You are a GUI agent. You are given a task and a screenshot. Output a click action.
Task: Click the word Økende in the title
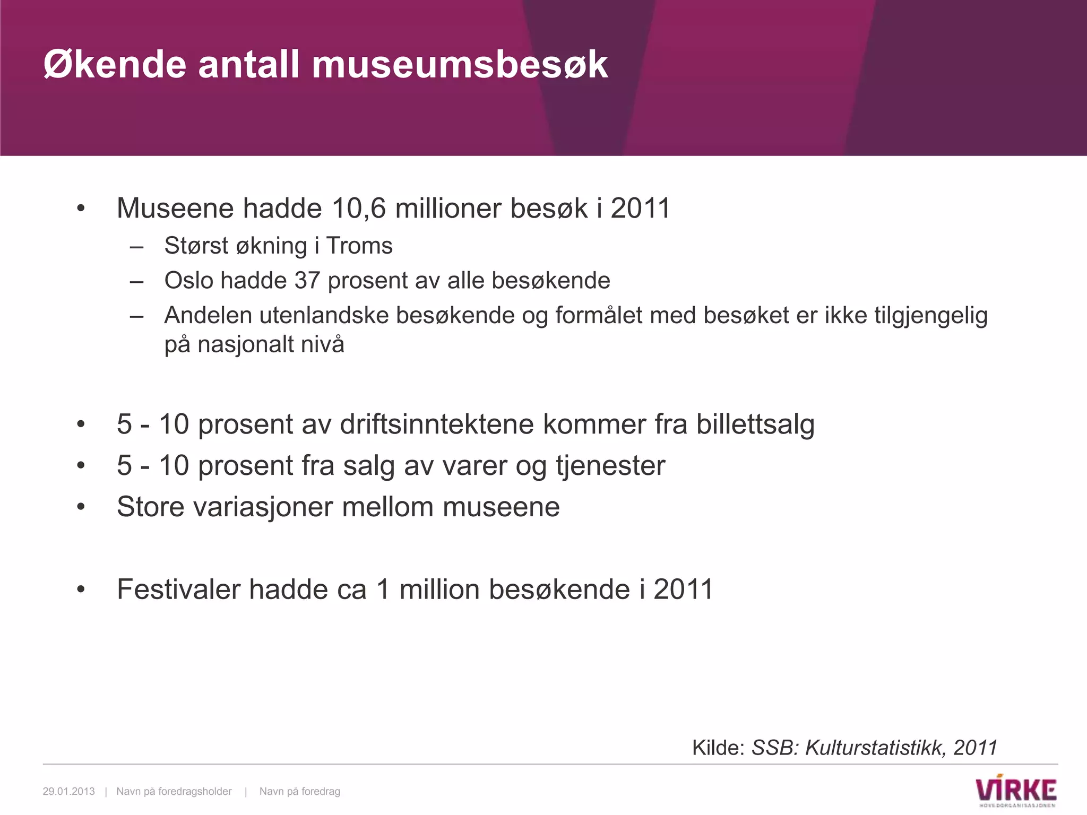[x=115, y=65]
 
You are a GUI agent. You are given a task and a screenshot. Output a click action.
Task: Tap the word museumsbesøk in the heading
[x=460, y=65]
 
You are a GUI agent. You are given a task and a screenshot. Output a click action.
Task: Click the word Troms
[x=359, y=246]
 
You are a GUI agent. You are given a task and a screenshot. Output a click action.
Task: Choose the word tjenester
[x=610, y=466]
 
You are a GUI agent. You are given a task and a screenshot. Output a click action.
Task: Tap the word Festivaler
[x=179, y=589]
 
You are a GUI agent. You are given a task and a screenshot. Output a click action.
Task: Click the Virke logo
[x=1016, y=792]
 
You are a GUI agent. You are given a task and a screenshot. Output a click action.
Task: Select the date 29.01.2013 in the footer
[x=68, y=792]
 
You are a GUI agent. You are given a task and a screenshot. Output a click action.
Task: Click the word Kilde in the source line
[x=719, y=748]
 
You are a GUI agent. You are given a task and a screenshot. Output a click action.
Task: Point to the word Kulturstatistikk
[x=876, y=748]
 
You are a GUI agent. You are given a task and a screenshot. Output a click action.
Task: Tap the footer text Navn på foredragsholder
[x=174, y=792]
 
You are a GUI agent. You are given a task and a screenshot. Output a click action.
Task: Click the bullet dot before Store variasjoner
[x=81, y=507]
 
